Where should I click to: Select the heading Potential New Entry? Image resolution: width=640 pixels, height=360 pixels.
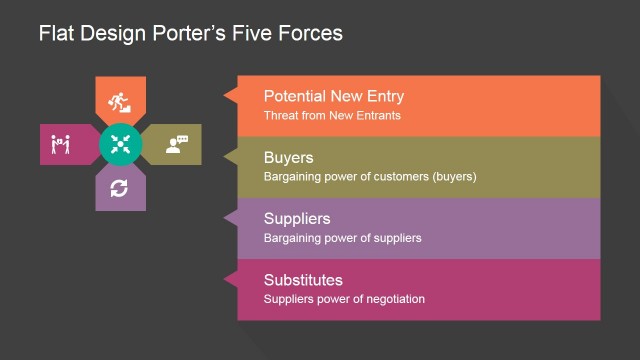point(333,97)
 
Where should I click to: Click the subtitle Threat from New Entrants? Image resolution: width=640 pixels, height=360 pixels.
point(331,116)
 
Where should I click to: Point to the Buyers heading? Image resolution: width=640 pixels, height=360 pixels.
point(288,158)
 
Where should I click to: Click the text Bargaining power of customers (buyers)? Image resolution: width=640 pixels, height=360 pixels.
point(369,177)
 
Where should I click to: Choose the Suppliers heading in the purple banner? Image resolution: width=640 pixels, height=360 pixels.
point(296,219)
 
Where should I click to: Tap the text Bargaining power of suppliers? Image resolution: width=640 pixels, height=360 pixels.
point(342,238)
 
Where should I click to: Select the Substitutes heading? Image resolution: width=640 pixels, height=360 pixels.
point(303,279)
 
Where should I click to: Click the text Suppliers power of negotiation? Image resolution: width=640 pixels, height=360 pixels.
point(344,298)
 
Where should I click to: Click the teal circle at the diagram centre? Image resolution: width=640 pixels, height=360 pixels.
point(121,144)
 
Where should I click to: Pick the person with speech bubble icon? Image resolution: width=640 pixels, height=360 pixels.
point(176,144)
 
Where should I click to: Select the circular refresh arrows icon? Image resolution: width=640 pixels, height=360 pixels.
point(120,187)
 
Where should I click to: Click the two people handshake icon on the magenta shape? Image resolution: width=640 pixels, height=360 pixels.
point(60,145)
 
